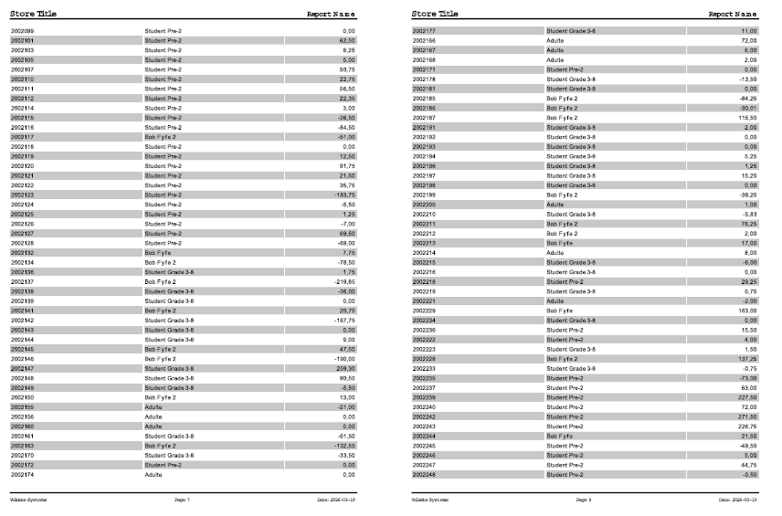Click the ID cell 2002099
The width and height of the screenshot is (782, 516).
(x=22, y=31)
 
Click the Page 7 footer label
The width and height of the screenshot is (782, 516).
(x=183, y=500)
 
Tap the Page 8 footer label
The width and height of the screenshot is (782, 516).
(x=585, y=500)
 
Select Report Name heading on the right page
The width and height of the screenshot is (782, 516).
(x=734, y=15)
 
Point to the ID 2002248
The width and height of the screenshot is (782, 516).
(x=424, y=475)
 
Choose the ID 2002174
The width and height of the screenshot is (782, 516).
(x=22, y=475)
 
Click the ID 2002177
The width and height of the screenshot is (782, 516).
(x=424, y=31)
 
